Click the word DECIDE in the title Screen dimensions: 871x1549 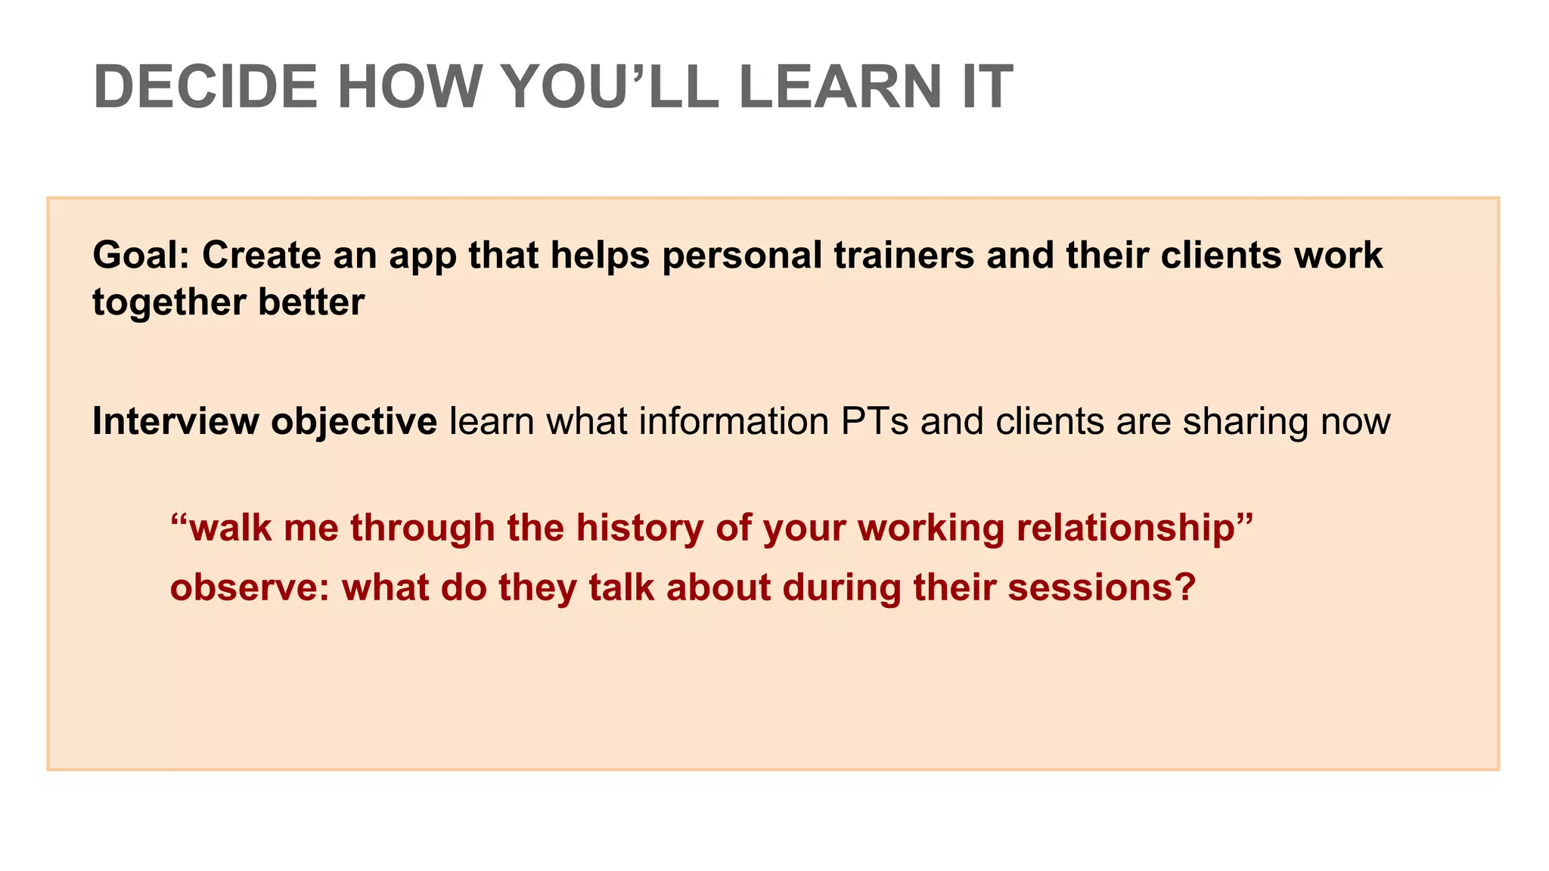pyautogui.click(x=205, y=87)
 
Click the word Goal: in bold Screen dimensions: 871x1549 pyautogui.click(x=141, y=256)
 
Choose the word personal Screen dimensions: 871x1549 pyautogui.click(x=742, y=256)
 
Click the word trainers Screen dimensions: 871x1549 pyautogui.click(x=904, y=256)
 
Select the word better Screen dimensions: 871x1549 pyautogui.click(x=312, y=302)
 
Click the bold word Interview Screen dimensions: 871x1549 pyautogui.click(x=175, y=421)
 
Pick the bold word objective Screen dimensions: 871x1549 pyautogui.click(x=354, y=423)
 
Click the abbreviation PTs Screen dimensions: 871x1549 pyautogui.click(x=874, y=421)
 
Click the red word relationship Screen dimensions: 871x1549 pyautogui.click(x=1135, y=528)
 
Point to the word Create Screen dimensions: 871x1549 pyautogui.click(x=262, y=256)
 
